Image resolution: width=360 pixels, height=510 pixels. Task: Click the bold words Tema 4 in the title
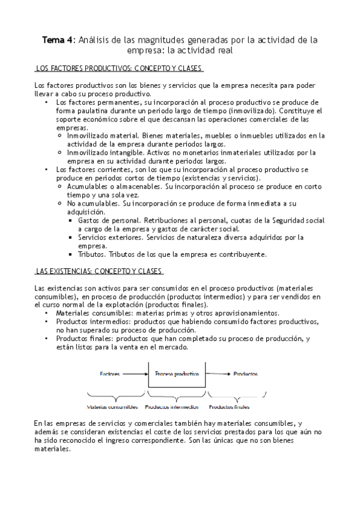click(x=58, y=40)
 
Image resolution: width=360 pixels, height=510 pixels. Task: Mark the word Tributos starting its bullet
click(x=92, y=254)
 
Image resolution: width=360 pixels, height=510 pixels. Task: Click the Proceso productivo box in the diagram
click(x=177, y=373)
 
